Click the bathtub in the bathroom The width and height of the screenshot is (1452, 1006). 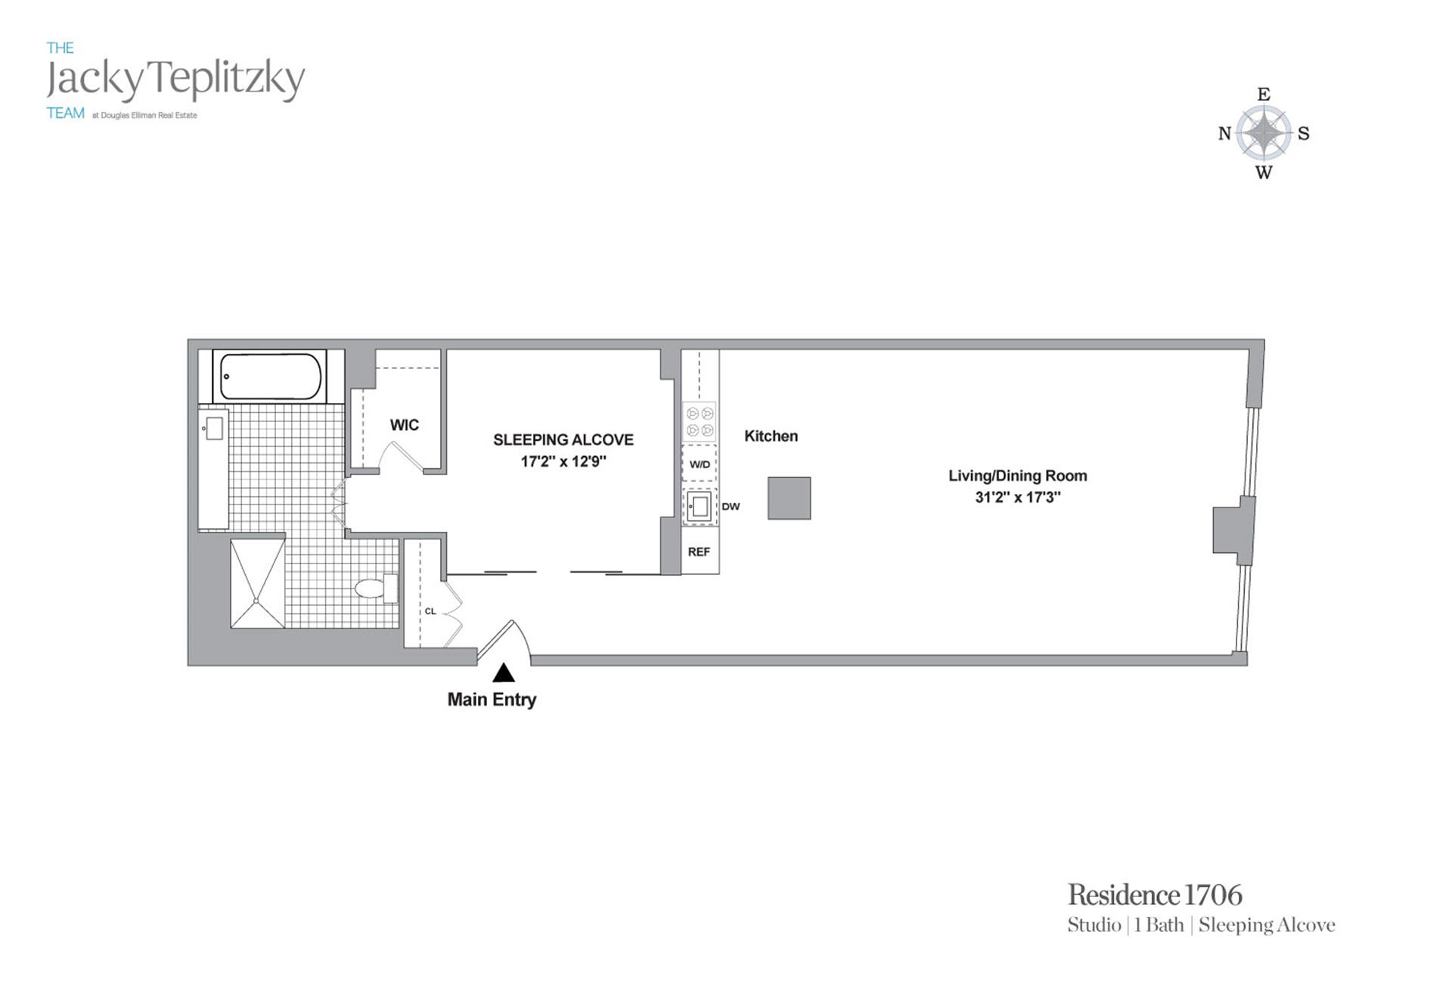click(270, 376)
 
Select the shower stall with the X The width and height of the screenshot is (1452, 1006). click(258, 583)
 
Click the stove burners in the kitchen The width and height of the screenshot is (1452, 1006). click(700, 422)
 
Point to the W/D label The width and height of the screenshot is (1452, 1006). click(700, 464)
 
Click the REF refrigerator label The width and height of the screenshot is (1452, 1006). click(699, 552)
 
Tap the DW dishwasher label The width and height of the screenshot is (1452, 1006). click(731, 507)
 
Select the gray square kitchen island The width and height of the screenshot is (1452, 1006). click(789, 498)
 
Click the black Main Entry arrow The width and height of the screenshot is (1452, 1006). click(504, 672)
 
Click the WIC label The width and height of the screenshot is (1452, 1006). click(404, 425)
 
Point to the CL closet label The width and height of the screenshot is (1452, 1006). click(430, 611)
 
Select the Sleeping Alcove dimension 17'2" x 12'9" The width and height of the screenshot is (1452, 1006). click(563, 461)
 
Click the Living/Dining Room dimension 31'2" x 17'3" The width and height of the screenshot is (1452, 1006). click(1017, 498)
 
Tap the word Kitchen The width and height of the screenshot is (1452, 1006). click(771, 436)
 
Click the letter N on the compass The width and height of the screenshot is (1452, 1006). click(1224, 134)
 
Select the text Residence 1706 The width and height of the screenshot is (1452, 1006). click(1154, 896)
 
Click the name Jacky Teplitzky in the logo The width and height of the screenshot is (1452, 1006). click(175, 79)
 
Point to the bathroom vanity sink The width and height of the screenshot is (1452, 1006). click(214, 428)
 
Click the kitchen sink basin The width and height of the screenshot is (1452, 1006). click(700, 506)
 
